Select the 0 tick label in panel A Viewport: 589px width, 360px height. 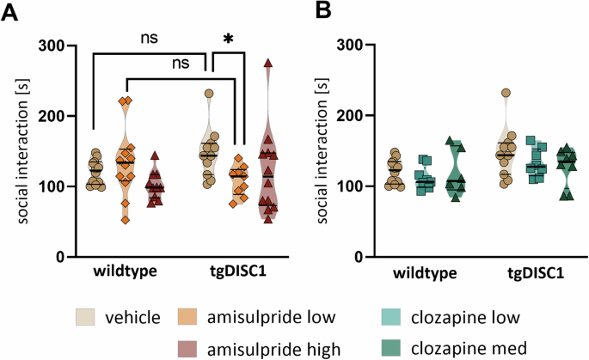[x=65, y=257]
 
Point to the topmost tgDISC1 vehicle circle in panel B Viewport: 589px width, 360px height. [x=506, y=93]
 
